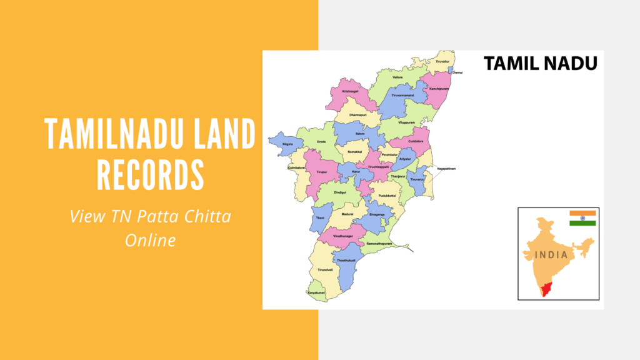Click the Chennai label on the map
457,72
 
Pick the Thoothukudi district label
346,260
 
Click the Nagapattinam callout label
446,169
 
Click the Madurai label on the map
347,214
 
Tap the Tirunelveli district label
326,269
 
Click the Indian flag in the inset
582,218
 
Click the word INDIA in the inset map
551,255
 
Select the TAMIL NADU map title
540,63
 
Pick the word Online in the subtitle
150,239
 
